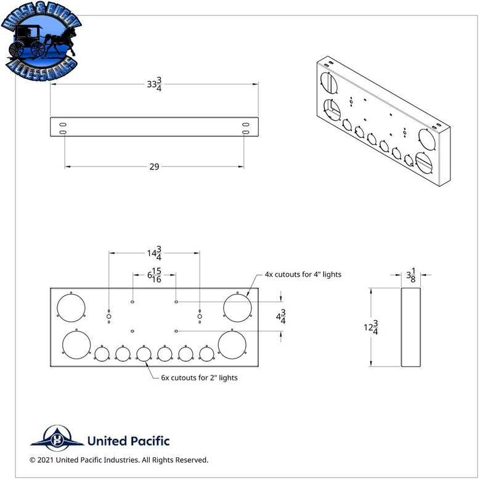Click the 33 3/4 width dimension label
[155, 84]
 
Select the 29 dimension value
[155, 166]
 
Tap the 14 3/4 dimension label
[155, 253]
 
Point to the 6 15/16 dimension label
[155, 275]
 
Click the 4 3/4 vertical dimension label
[281, 317]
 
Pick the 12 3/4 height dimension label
[371, 327]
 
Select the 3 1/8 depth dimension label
[411, 275]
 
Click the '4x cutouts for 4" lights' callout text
[303, 274]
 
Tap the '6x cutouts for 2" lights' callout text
[199, 378]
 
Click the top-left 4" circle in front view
[71, 308]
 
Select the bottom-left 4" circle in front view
[76, 344]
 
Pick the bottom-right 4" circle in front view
[232, 344]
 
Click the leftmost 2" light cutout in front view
[102, 354]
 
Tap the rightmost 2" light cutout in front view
[206, 354]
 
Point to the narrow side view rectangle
[410, 327]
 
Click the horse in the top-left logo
[60, 42]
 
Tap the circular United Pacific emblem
[57, 439]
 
